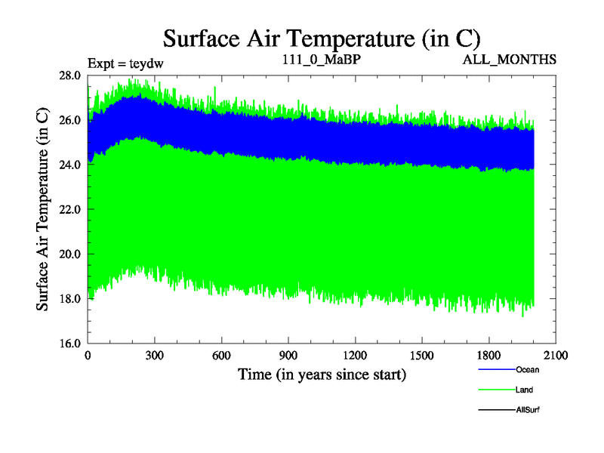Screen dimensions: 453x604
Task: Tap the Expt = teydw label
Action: click(125, 63)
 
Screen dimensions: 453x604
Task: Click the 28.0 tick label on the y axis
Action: click(70, 75)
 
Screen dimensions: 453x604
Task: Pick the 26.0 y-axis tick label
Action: click(70, 120)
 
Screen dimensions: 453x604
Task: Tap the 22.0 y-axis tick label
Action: click(70, 209)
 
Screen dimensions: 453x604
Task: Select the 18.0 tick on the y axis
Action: click(70, 298)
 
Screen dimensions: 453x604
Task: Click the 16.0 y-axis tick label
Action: click(70, 343)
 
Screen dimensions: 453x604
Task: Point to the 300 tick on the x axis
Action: click(155, 356)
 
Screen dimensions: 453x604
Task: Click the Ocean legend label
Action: click(528, 370)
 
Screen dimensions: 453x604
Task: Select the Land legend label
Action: click(525, 390)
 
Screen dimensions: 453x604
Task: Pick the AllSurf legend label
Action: click(528, 409)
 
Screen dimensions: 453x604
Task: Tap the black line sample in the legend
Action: click(496, 410)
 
